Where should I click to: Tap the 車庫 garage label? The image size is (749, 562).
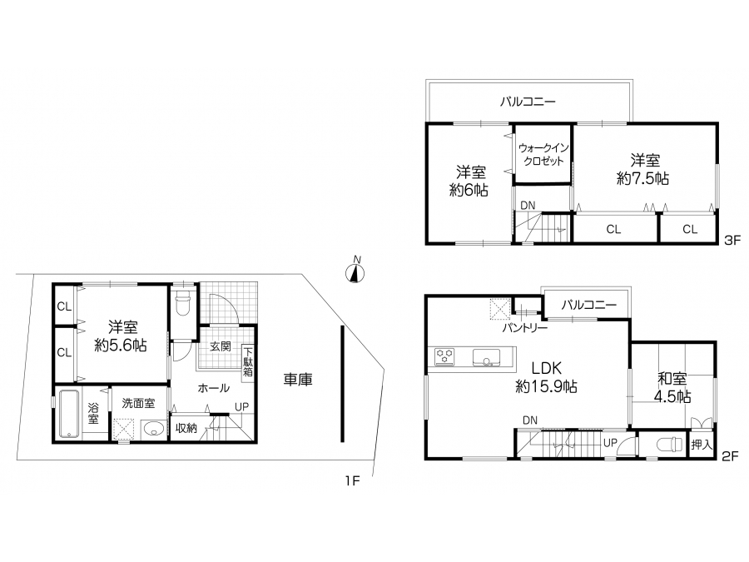point(298,380)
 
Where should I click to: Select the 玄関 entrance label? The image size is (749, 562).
point(221,346)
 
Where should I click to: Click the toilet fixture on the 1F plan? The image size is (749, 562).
point(183,302)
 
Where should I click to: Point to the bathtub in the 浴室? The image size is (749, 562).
point(70,414)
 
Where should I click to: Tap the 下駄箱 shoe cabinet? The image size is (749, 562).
point(248,362)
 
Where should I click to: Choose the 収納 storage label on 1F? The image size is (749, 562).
point(186,428)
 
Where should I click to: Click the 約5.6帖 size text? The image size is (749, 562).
point(121,345)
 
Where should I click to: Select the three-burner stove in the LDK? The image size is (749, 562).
point(444,357)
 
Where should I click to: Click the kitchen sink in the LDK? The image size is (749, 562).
point(486,357)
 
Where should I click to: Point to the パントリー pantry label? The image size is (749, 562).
point(524,328)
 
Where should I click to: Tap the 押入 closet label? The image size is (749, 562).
point(702,445)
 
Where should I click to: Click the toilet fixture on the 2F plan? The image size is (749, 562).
point(670,445)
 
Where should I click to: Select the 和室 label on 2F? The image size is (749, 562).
point(672,379)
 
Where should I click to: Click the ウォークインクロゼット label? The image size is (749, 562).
point(543,154)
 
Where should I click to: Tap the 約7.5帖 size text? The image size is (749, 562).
point(642,179)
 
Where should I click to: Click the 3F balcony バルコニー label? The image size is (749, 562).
point(528,102)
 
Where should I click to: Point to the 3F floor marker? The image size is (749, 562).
point(732,240)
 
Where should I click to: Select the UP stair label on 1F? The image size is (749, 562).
point(241,406)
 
